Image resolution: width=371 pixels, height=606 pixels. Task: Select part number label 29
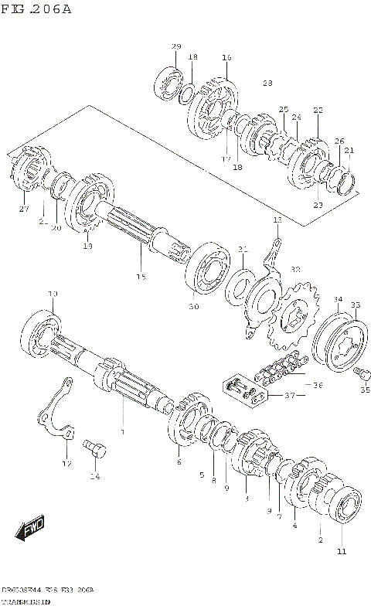175,47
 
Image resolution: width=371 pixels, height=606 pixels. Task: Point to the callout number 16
226,57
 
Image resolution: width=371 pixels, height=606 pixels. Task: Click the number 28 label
267,83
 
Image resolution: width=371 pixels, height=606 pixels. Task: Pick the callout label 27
23,209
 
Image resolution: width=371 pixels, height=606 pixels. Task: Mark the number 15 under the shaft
140,277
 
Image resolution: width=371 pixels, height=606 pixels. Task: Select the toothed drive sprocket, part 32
294,316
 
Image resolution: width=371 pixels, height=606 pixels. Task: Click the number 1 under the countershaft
121,431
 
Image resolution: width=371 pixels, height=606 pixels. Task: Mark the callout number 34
337,300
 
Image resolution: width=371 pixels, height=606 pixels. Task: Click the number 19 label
87,246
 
